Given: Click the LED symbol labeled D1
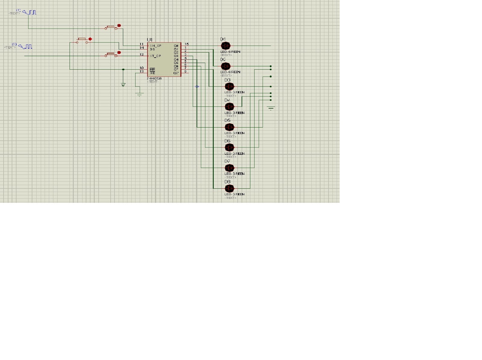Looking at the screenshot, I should point(225,46).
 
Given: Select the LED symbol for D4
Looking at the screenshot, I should point(229,107).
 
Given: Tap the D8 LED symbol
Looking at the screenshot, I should point(229,188).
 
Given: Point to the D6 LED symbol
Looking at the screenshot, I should point(229,147).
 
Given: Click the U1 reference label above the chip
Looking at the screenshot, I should point(149,40).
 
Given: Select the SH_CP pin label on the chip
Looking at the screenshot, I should point(156,46).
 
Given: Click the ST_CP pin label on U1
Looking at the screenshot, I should point(156,56).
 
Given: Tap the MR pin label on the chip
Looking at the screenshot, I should point(152,69).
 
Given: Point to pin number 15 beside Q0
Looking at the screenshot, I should point(187,44).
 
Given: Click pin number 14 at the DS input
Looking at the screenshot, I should point(142,48).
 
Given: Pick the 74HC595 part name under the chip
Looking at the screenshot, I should point(154,78).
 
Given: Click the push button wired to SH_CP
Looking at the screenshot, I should point(112,27).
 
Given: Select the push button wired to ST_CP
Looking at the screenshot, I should point(112,55).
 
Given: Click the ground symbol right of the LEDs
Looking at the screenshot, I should point(271,108).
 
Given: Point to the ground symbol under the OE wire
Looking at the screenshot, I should point(139,95).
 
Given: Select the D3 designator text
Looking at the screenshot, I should point(227,80).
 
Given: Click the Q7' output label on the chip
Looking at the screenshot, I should point(176,73).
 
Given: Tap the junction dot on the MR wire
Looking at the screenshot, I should point(123,70).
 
